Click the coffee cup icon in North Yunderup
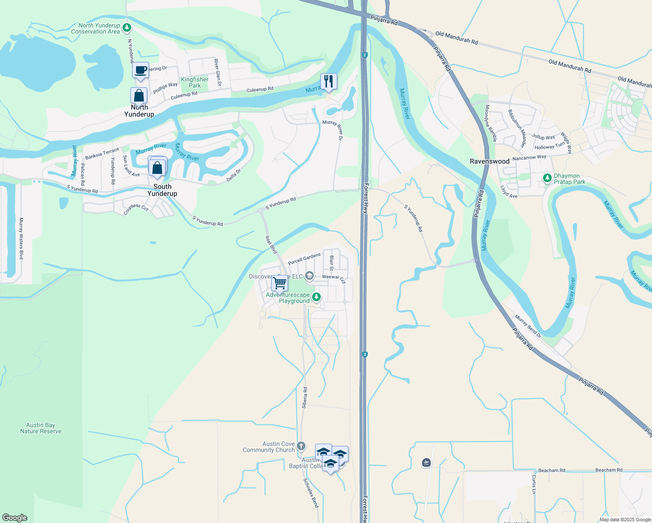(x=140, y=70)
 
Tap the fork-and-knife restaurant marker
(x=328, y=81)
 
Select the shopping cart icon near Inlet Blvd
(x=279, y=283)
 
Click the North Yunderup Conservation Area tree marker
(x=127, y=28)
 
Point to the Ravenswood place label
(x=489, y=161)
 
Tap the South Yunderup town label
(x=162, y=190)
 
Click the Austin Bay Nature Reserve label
(x=41, y=428)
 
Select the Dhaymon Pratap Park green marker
(x=547, y=178)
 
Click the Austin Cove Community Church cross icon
(x=301, y=445)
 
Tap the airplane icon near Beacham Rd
(x=427, y=462)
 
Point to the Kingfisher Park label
(x=195, y=82)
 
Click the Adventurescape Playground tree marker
(x=316, y=297)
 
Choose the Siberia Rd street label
(x=305, y=397)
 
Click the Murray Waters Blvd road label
(x=21, y=239)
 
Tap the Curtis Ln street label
(x=534, y=484)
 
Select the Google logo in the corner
(x=14, y=517)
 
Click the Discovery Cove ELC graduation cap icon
(x=309, y=275)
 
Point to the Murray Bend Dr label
(x=528, y=326)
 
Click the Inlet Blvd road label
(x=272, y=245)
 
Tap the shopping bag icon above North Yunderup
(x=139, y=95)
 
